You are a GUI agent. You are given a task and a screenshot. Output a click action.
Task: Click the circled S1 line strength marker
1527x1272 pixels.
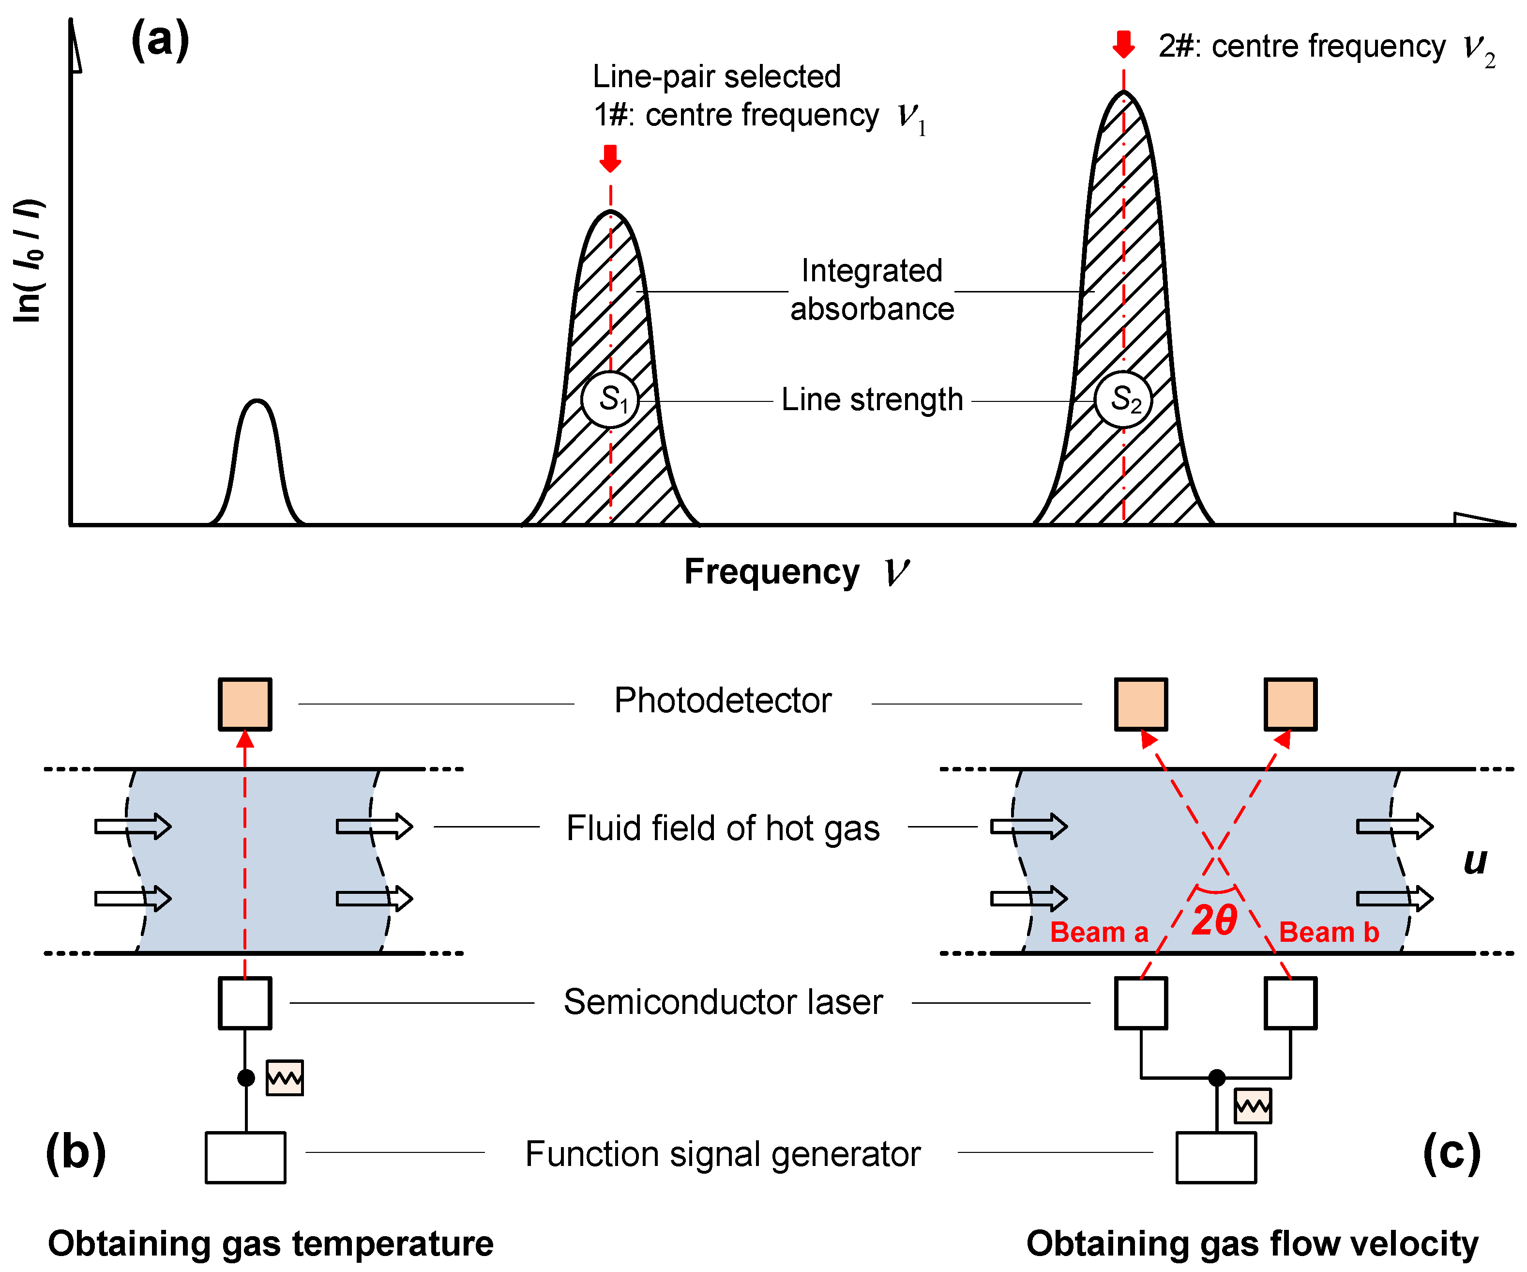tap(610, 400)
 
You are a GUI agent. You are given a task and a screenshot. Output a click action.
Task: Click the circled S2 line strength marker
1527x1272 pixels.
tap(1123, 400)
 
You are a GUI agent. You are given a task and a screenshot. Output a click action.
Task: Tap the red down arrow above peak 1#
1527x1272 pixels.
tap(610, 158)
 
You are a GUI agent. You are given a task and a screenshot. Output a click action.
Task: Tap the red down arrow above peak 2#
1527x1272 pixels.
tap(1123, 44)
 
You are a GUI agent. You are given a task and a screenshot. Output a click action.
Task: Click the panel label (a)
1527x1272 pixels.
tap(160, 40)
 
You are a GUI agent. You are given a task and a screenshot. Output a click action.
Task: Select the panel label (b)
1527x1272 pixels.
tap(76, 1153)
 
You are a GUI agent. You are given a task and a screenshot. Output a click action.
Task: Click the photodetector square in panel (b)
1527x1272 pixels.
tap(245, 704)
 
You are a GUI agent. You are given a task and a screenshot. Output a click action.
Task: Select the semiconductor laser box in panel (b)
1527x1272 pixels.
tap(245, 1003)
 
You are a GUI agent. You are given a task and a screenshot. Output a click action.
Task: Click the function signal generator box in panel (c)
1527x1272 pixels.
tap(1216, 1157)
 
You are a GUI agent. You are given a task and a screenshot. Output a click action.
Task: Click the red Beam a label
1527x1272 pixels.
tap(1099, 933)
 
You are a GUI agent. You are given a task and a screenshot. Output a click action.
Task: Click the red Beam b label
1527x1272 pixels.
tap(1329, 933)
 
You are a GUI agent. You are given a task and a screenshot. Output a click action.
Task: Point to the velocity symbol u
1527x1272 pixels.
tap(1475, 862)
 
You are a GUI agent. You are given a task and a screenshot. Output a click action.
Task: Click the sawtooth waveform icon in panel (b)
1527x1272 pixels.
tap(284, 1078)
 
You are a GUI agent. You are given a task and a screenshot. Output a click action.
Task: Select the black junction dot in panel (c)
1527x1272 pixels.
tap(1216, 1077)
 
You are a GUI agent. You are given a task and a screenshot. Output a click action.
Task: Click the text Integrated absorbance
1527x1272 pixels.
tap(872, 290)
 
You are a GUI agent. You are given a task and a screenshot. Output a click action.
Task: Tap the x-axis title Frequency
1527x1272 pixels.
tap(772, 572)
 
